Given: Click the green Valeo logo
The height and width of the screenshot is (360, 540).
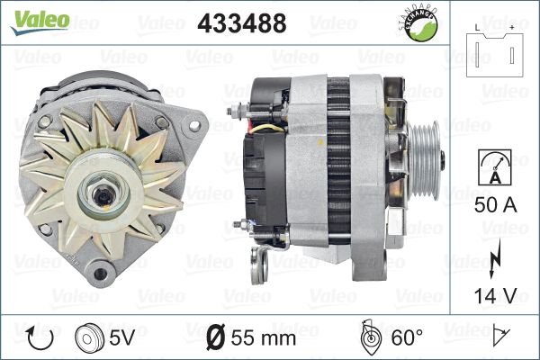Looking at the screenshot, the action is pos(40,22).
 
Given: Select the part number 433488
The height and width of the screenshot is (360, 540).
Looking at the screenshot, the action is pos(242,23).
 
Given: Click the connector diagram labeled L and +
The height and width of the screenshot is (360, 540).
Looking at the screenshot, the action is pos(494,51).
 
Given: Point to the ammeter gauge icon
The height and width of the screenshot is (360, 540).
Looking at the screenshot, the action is pos(494,167).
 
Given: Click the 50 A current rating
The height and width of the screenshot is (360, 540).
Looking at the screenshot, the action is pos(495,204).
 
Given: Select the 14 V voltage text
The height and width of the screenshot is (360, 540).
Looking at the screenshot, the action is pos(495,295).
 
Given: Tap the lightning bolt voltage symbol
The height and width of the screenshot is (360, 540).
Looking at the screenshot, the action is pos(494,258).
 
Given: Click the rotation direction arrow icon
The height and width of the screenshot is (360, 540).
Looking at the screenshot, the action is pos(40,337).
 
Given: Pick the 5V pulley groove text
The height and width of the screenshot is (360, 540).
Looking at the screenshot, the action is pos(121,337).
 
